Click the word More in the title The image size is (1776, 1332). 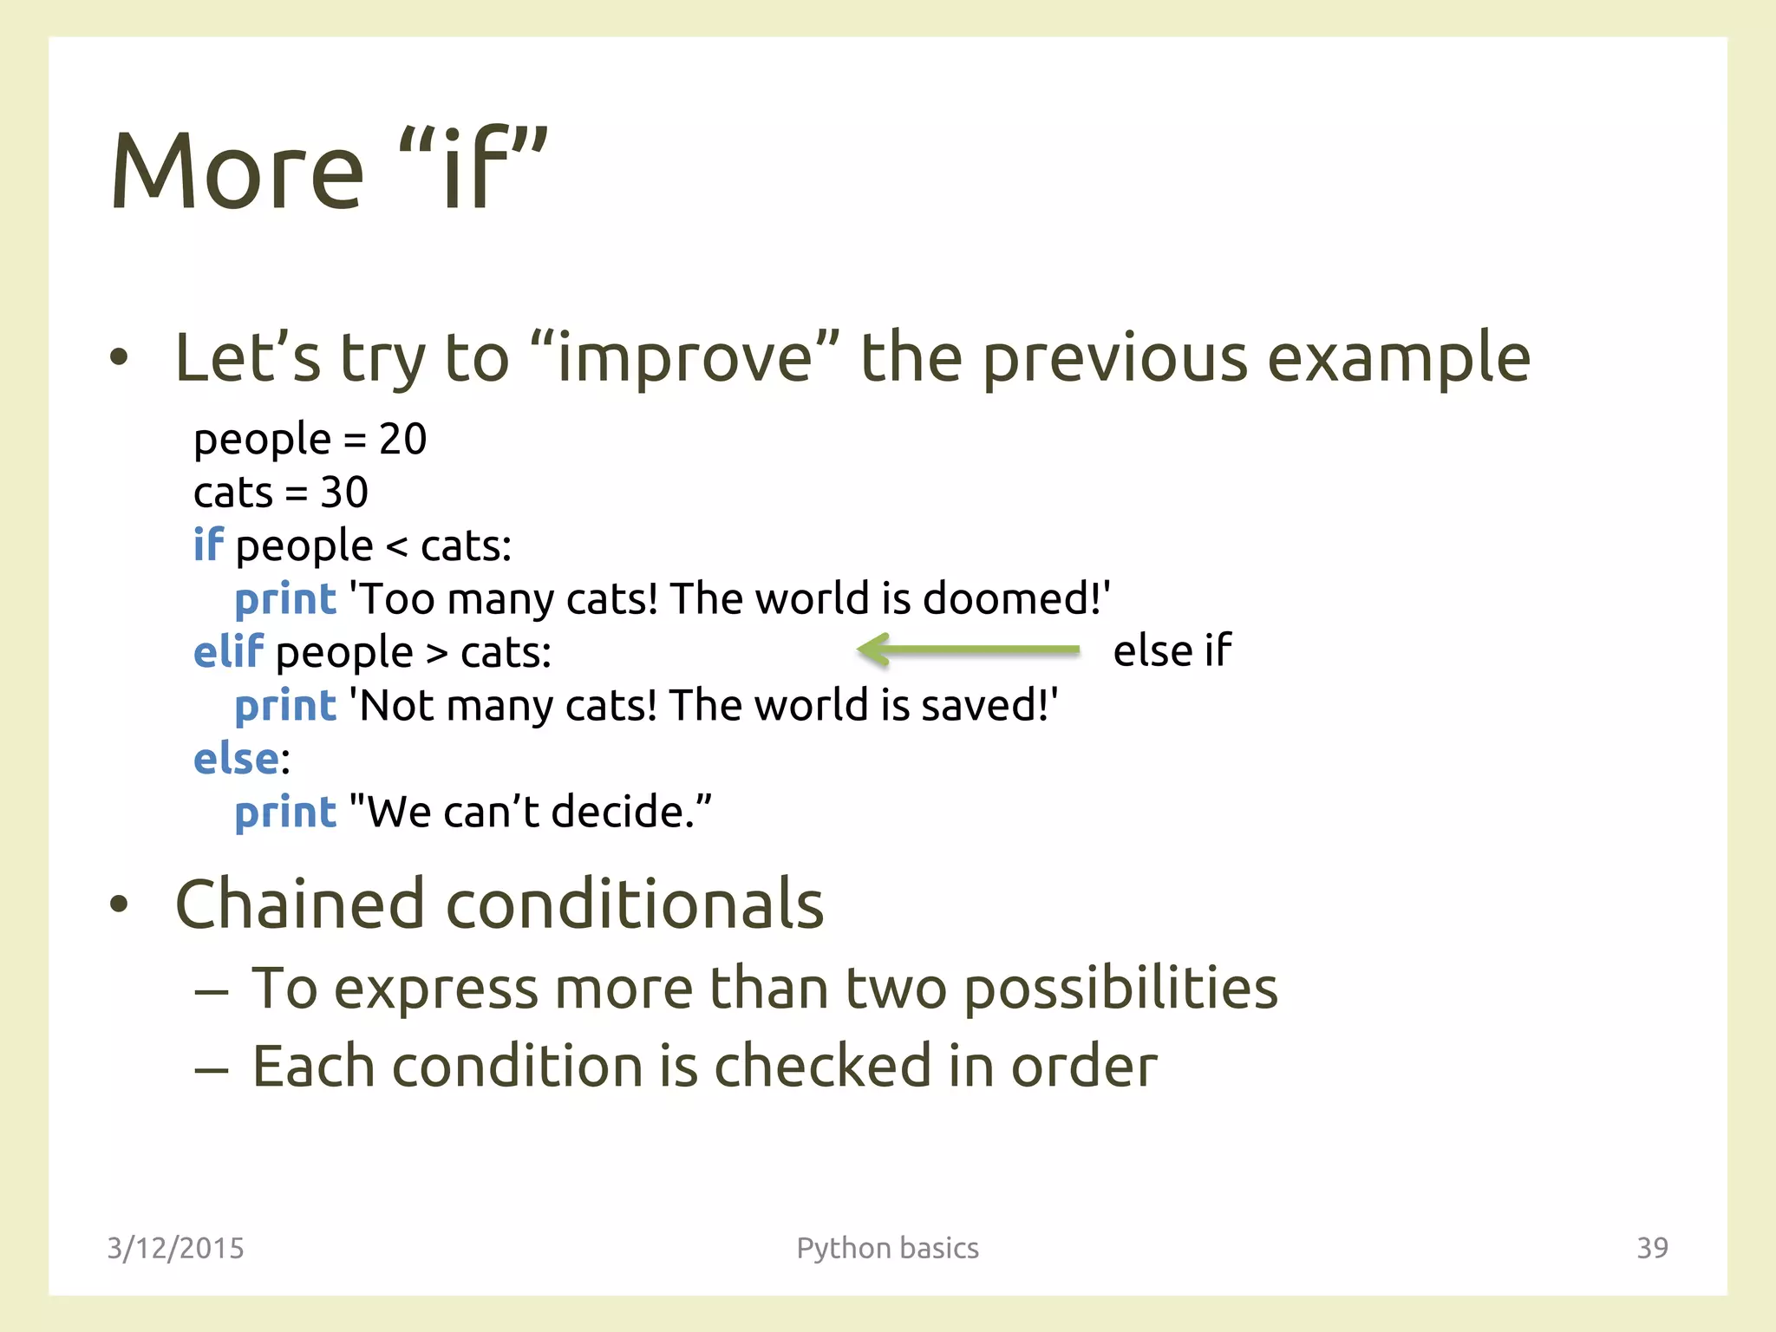(x=237, y=172)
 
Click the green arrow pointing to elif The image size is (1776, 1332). (x=967, y=650)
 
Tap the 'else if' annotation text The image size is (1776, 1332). (x=1172, y=650)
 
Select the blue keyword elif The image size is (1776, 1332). (x=227, y=651)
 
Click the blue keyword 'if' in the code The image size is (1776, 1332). (x=208, y=545)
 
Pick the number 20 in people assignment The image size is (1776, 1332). (x=402, y=439)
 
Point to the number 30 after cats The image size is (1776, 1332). (x=344, y=493)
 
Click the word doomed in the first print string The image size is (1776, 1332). (x=1010, y=598)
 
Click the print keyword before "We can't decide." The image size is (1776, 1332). (x=284, y=813)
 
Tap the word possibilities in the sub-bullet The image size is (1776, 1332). (x=1120, y=989)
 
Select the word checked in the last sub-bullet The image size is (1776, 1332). (x=821, y=1066)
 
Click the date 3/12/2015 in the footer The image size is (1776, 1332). (x=175, y=1248)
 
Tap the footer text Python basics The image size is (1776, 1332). (x=887, y=1248)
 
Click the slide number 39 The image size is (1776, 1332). (x=1651, y=1248)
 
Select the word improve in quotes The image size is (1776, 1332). (x=685, y=359)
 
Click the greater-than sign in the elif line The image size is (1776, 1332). (x=437, y=653)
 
